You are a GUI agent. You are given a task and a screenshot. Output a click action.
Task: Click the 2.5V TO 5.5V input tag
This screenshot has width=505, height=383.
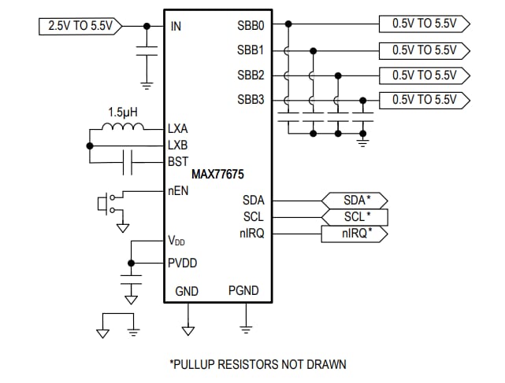coord(80,26)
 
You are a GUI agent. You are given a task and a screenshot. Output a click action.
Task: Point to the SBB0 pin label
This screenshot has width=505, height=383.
coord(251,25)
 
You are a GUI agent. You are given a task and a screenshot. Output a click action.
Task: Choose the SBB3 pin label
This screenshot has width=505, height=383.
coord(251,100)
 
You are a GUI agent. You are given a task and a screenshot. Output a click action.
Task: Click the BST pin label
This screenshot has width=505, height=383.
coord(178,162)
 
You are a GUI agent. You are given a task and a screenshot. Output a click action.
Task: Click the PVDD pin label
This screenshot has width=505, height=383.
coord(183,263)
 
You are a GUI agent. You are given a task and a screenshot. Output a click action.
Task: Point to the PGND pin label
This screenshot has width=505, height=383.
coord(243,291)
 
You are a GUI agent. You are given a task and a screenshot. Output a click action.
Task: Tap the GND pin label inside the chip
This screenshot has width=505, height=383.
coord(187,291)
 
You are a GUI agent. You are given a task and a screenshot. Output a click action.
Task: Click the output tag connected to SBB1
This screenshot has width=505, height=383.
coord(424,50)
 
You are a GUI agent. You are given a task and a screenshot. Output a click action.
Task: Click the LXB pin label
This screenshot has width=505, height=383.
coord(178,145)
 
